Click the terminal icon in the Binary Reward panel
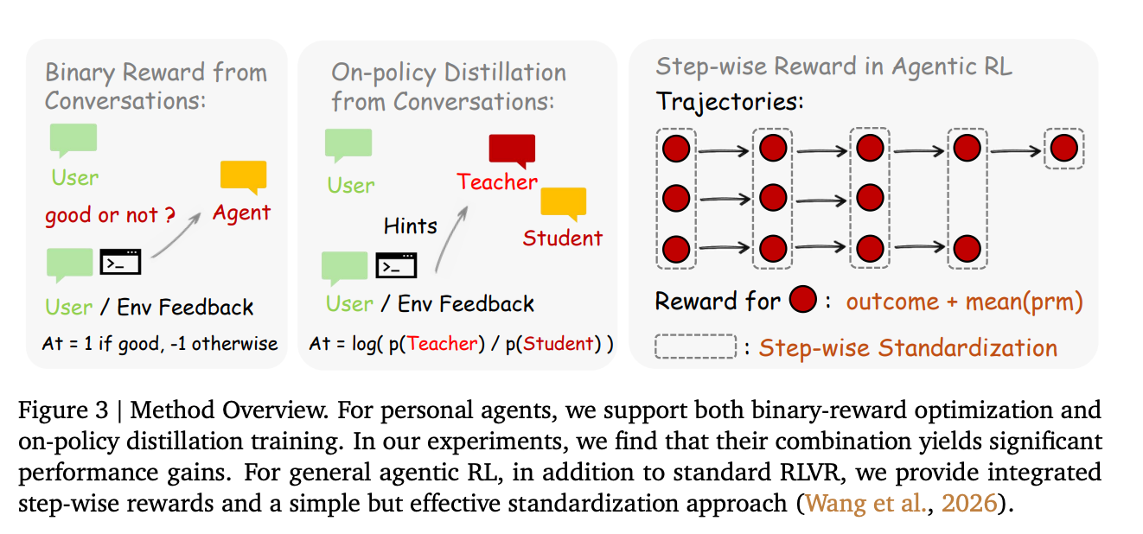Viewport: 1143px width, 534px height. pyautogui.click(x=120, y=261)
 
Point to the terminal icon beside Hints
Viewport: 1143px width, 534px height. pyautogui.click(x=396, y=265)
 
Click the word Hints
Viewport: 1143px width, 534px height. pyautogui.click(x=411, y=226)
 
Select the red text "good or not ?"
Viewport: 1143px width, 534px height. pyautogui.click(x=101, y=215)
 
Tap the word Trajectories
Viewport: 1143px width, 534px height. pyautogui.click(x=729, y=101)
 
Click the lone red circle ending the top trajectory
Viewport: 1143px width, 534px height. pyautogui.click(x=1063, y=149)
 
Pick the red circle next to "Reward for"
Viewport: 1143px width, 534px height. pyautogui.click(x=803, y=301)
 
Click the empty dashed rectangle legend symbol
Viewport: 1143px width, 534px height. pyautogui.click(x=696, y=347)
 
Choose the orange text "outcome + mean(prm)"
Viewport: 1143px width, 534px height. pyautogui.click(x=964, y=302)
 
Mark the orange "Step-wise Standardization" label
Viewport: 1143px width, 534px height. pyautogui.click(x=908, y=348)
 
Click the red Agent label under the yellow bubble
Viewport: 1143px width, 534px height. pyautogui.click(x=242, y=213)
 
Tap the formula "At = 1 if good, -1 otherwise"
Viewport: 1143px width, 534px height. pyautogui.click(x=160, y=343)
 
